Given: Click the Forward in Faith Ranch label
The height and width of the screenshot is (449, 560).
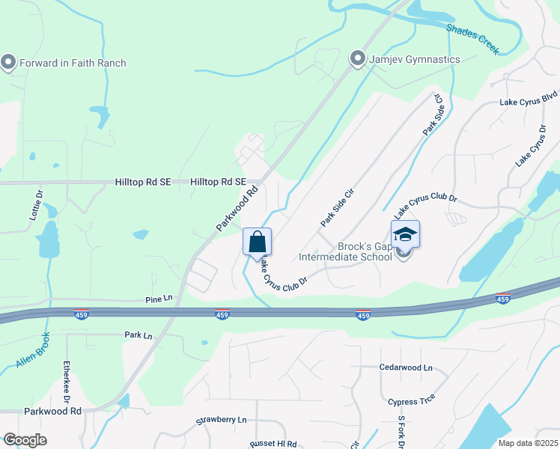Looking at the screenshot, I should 73,63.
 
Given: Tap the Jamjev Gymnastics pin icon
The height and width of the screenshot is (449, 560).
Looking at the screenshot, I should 358,58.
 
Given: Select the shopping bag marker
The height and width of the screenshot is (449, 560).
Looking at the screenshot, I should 257,242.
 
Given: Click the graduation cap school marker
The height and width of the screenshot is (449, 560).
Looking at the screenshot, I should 405,235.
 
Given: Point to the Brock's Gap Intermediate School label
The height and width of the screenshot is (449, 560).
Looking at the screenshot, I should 345,251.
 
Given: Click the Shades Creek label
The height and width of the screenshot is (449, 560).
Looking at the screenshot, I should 473,38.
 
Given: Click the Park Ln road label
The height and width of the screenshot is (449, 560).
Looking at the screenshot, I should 139,336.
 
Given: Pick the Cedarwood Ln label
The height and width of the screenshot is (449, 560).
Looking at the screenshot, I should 407,368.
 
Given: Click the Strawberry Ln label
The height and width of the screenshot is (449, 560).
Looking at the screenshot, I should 222,421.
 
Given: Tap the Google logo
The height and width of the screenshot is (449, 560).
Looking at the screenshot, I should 25,440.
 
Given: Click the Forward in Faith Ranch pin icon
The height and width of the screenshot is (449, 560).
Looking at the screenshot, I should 9,62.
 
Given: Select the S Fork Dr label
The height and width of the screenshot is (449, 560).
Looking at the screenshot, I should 401,432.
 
